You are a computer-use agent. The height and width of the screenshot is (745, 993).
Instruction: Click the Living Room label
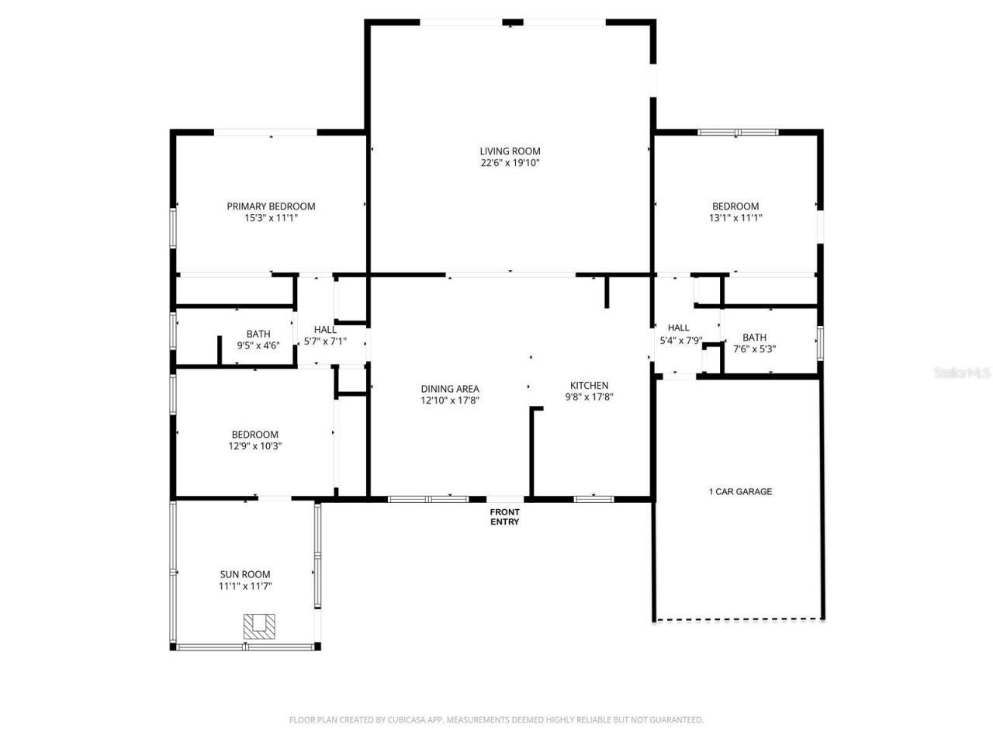(x=510, y=151)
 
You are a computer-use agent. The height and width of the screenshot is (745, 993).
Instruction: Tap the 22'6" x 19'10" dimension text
(x=510, y=163)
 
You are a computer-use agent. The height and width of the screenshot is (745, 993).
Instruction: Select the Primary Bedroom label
(x=271, y=206)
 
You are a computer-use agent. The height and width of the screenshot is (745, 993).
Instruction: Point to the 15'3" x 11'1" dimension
(x=271, y=218)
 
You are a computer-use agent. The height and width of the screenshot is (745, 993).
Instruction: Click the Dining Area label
(x=450, y=389)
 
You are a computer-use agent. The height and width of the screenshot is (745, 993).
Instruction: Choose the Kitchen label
(x=590, y=386)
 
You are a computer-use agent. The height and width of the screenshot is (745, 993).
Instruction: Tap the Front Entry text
(x=504, y=517)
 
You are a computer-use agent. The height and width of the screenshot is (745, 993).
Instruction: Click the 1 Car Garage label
(x=740, y=491)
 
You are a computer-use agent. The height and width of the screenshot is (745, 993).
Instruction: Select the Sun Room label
(x=244, y=574)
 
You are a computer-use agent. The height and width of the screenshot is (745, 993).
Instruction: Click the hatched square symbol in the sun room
(x=259, y=626)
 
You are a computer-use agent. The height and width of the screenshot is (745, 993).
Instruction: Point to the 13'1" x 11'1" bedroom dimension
(x=735, y=218)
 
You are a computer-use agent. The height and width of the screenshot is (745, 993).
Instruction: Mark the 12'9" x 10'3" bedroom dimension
(x=254, y=446)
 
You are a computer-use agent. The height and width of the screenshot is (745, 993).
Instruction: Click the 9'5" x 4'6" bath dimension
(x=258, y=346)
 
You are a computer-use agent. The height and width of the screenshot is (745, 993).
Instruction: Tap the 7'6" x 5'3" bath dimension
(x=754, y=349)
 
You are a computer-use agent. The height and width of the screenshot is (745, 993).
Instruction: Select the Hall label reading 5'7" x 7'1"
(x=325, y=330)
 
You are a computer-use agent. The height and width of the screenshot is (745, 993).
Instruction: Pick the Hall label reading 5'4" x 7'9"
(x=679, y=328)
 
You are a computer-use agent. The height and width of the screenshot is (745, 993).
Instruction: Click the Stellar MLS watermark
(x=962, y=373)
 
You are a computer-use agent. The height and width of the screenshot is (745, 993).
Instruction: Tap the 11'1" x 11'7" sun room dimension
(x=244, y=586)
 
